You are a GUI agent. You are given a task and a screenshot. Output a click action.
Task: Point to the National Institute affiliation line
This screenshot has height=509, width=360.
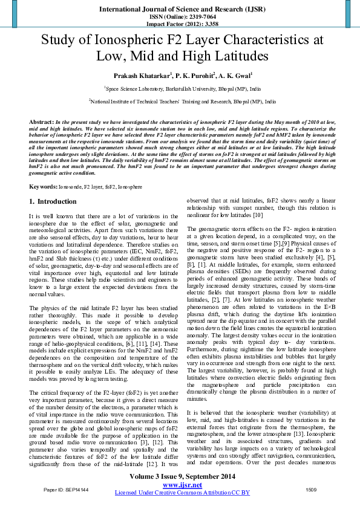click(x=180, y=102)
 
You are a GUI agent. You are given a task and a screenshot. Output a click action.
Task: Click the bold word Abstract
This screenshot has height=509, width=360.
click(x=41, y=122)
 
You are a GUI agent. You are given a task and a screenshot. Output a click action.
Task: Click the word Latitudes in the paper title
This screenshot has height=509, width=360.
click(x=237, y=56)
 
